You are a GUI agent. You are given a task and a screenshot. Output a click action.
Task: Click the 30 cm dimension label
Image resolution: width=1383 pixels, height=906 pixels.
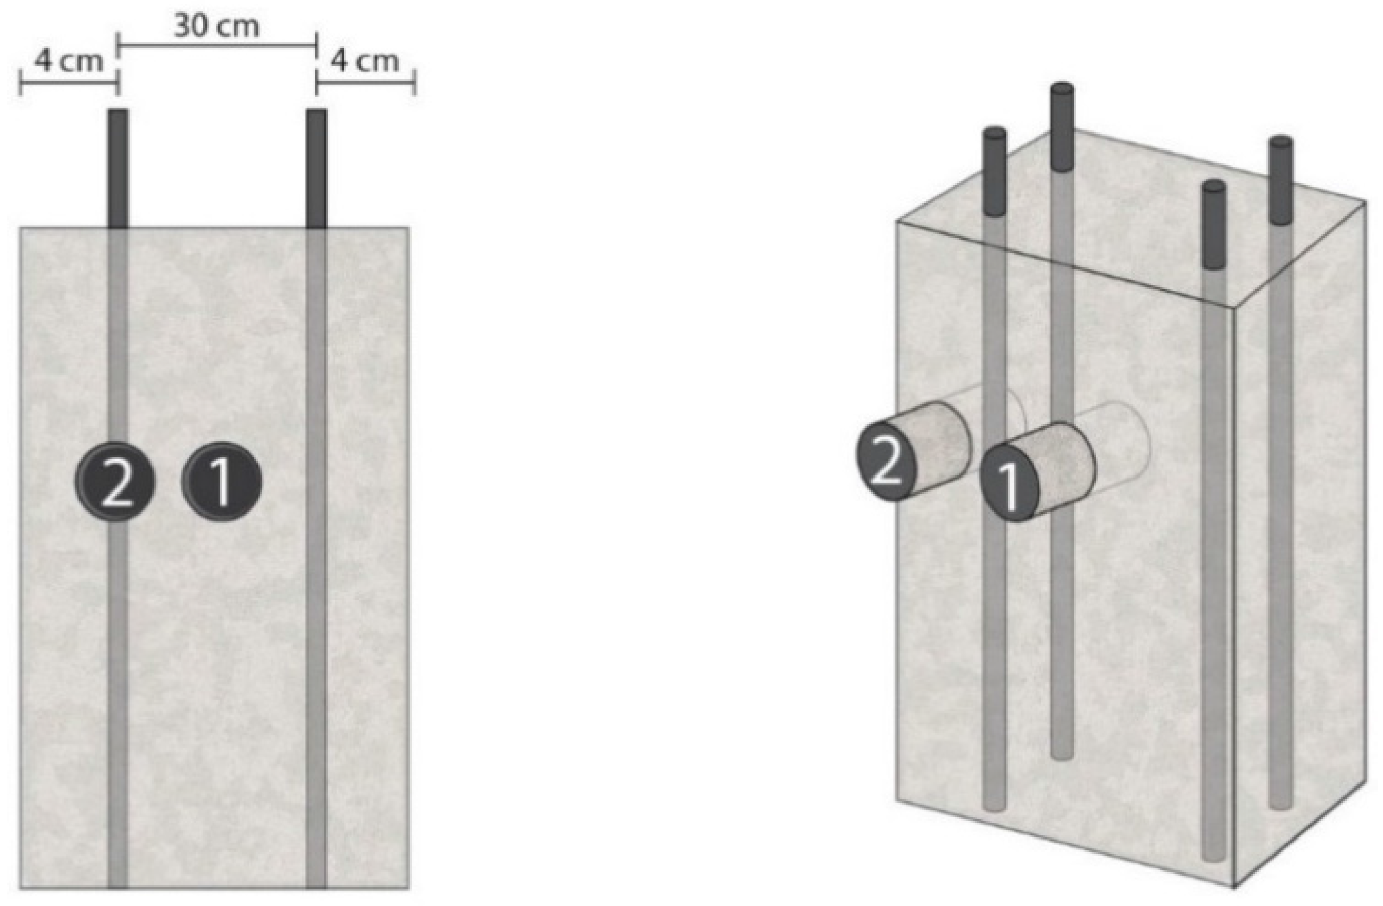point(216,26)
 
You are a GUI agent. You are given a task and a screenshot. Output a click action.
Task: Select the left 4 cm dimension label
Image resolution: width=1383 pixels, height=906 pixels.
point(69,61)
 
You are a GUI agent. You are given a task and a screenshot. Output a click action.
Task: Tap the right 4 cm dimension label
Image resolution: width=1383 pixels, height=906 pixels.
point(365,61)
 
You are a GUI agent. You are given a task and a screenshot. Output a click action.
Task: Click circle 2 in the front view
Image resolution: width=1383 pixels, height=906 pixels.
point(115,482)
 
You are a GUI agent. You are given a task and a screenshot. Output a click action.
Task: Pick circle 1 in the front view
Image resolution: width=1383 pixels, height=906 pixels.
point(222,482)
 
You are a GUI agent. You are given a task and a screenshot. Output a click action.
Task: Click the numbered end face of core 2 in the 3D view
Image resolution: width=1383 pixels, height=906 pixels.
point(886,459)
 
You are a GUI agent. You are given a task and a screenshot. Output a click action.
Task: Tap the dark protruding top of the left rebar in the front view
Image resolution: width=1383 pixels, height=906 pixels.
point(117,168)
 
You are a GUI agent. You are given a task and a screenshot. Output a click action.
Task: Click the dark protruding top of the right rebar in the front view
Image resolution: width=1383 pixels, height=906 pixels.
point(316,168)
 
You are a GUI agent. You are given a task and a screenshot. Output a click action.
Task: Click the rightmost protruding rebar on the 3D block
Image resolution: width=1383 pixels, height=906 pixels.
point(1281,179)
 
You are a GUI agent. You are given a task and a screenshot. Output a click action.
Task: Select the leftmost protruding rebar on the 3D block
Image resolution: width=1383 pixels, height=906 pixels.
point(994,171)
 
